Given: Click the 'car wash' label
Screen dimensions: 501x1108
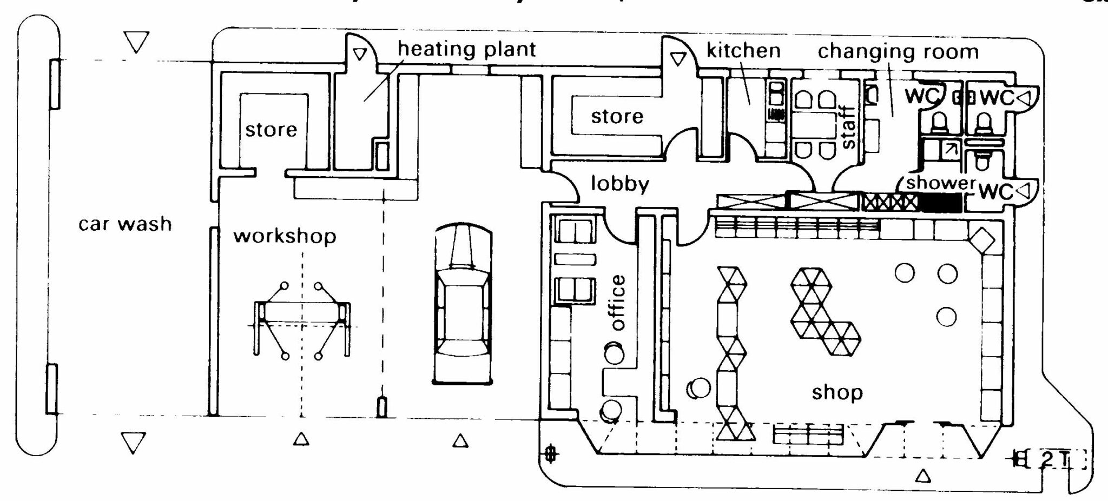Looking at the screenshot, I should pyautogui.click(x=125, y=224).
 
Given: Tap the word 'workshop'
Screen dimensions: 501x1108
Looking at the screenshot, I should pyautogui.click(x=285, y=236).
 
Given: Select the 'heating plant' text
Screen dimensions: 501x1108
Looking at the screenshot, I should pyautogui.click(x=466, y=49).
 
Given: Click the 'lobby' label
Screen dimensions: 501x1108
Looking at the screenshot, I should pyautogui.click(x=619, y=184).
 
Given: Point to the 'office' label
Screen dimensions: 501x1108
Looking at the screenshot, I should pyautogui.click(x=618, y=303).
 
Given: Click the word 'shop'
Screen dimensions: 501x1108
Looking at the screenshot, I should pyautogui.click(x=837, y=393).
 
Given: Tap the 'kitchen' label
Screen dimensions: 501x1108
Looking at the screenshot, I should pyautogui.click(x=743, y=51).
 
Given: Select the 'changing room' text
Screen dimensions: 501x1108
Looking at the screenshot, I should pyautogui.click(x=898, y=52).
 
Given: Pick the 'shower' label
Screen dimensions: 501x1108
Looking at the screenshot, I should pyautogui.click(x=941, y=183).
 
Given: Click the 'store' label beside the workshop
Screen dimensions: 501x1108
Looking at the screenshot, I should pyautogui.click(x=271, y=130).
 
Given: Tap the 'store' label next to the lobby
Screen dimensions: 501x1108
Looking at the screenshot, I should pyautogui.click(x=617, y=116).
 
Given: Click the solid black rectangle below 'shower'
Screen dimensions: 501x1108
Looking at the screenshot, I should pyautogui.click(x=941, y=203).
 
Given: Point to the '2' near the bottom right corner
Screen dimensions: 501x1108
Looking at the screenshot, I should pyautogui.click(x=1047, y=459).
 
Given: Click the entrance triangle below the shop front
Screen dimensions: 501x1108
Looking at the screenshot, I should pyautogui.click(x=924, y=476).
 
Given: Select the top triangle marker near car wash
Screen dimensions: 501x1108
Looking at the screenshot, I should pyautogui.click(x=136, y=42).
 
